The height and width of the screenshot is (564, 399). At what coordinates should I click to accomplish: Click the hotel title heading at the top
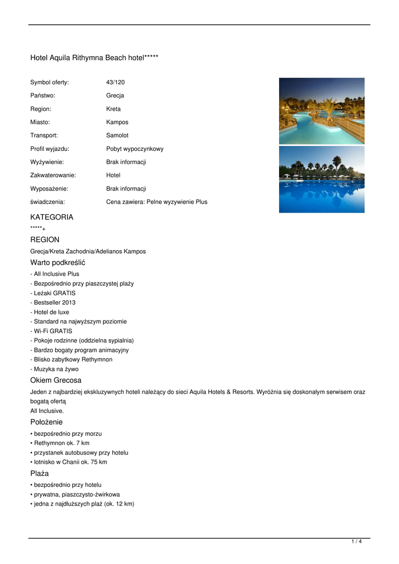94,58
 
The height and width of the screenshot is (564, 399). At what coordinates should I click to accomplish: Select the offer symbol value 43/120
116,83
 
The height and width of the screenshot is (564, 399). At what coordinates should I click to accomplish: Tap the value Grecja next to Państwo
115,96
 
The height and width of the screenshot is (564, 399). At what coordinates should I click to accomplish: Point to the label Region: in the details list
41,109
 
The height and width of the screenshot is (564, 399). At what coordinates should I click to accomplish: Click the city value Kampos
117,122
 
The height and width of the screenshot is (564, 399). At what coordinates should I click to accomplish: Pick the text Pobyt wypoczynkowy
135,149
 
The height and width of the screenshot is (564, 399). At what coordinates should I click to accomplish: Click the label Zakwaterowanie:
53,175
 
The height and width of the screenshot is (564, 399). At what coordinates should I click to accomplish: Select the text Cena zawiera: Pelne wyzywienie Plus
157,202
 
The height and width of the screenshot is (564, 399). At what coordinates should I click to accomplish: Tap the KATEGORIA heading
52,217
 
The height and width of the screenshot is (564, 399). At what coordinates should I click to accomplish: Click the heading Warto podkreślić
58,263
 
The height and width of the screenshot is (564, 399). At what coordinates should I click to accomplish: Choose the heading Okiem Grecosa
56,381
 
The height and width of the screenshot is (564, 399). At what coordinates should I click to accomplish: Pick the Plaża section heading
40,474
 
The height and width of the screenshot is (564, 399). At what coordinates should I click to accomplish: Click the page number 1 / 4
357,542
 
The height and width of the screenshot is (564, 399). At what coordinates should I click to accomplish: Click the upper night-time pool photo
321,111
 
